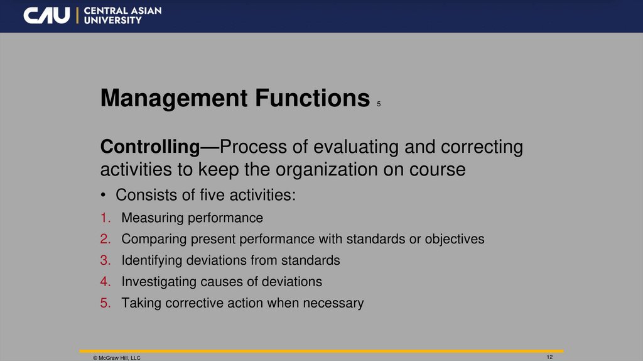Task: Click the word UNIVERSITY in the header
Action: (112, 21)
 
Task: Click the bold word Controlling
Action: (149, 147)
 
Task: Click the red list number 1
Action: (104, 218)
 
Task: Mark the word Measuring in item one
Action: (149, 218)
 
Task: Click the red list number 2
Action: (104, 240)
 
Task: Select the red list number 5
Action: (104, 303)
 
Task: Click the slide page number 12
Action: (549, 357)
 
